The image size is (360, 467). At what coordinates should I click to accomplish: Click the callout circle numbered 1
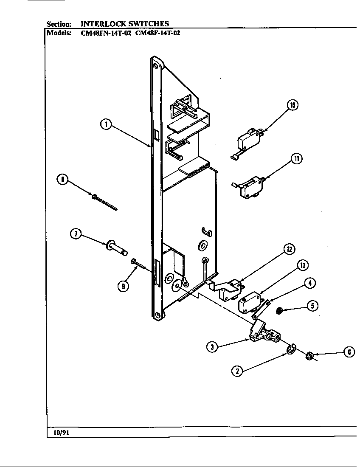click(x=106, y=124)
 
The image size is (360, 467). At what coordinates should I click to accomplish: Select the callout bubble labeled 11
click(x=296, y=159)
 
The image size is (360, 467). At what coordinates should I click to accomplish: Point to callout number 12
click(x=289, y=250)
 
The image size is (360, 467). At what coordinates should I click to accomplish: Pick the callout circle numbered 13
click(x=302, y=266)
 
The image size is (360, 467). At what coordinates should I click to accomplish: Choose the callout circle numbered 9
click(x=123, y=286)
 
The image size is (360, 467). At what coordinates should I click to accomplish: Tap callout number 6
click(x=349, y=352)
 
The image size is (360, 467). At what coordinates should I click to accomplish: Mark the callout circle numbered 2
click(x=237, y=371)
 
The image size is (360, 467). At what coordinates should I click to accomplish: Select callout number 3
click(x=212, y=347)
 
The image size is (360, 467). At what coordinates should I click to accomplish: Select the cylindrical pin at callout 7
click(x=117, y=248)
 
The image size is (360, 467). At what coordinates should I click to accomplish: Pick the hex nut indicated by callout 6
click(x=310, y=356)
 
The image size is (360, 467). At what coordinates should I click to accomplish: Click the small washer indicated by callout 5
click(x=279, y=312)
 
